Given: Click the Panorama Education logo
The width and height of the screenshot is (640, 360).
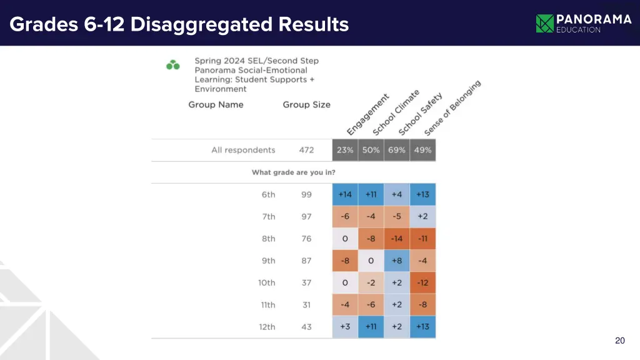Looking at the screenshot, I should click(583, 23).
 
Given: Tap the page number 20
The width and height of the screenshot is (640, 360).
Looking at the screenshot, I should click(619, 341).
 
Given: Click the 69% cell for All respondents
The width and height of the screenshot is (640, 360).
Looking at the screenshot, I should click(397, 150).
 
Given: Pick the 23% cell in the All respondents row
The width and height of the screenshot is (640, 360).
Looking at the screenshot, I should click(345, 150).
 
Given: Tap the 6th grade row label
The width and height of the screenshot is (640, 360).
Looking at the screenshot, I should click(268, 194).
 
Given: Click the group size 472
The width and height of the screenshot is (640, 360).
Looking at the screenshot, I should click(306, 150).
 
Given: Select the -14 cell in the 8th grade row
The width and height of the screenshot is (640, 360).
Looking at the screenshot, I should click(397, 239).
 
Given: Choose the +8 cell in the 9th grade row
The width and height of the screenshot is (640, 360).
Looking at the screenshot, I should click(397, 261).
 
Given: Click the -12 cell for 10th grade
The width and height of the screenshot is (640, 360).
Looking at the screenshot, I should click(423, 282).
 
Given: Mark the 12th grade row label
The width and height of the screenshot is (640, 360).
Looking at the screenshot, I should click(267, 327).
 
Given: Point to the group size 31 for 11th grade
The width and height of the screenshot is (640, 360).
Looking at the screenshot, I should click(306, 305).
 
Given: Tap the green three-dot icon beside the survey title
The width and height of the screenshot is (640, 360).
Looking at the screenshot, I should click(173, 64).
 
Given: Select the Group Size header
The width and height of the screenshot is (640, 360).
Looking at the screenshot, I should click(306, 104).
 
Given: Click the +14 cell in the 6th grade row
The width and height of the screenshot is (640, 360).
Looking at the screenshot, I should click(345, 194).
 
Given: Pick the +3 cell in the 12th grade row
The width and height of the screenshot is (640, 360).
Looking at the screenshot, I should click(345, 327).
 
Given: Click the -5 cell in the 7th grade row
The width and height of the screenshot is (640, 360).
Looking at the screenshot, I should click(397, 216).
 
